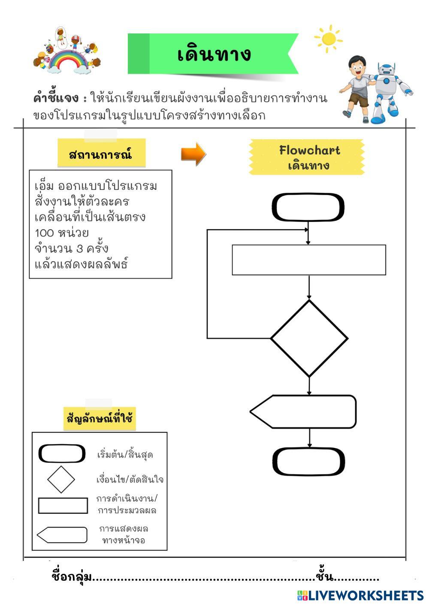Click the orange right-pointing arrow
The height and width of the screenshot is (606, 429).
[193, 154]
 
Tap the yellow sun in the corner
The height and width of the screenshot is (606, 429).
[329, 39]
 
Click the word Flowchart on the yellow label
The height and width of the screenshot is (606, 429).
[309, 150]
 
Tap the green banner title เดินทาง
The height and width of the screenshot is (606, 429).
[214, 54]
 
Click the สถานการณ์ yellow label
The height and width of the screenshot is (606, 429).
[101, 154]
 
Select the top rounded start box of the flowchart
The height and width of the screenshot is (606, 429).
[308, 207]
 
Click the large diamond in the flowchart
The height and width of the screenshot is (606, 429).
[309, 339]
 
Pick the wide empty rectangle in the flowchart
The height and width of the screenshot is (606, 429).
[309, 260]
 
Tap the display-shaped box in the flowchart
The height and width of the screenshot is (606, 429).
[304, 411]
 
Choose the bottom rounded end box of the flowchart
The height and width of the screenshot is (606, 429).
[308, 462]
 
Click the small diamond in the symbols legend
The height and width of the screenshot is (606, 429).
[61, 480]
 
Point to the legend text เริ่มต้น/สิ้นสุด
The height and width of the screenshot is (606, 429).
[125, 454]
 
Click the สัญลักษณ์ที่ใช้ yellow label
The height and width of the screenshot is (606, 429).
[100, 418]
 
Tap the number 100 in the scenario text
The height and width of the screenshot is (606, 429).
[44, 233]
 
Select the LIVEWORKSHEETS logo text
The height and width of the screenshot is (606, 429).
[366, 595]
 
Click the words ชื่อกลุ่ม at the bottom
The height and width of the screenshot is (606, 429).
[72, 577]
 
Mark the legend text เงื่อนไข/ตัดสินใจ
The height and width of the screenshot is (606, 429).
[130, 479]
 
